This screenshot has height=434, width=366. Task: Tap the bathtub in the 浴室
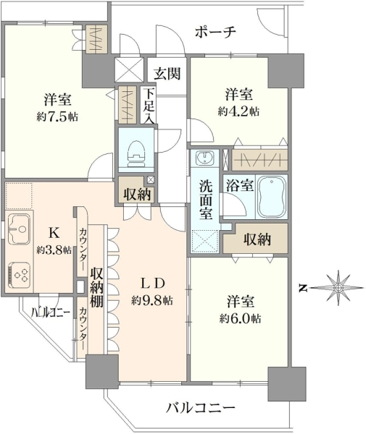tap(272, 197)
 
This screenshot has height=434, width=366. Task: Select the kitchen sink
tap(19, 229)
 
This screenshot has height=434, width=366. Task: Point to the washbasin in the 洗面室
tap(204, 158)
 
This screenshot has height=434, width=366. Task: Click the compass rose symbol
tap(338, 288)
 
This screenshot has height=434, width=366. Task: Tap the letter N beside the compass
tap(303, 289)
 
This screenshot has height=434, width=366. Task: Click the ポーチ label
tap(215, 32)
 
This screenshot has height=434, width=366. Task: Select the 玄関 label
tap(167, 73)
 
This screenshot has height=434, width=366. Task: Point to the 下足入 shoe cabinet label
tap(149, 106)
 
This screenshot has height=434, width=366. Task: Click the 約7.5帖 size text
tap(57, 117)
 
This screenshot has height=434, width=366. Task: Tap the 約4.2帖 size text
tap(238, 112)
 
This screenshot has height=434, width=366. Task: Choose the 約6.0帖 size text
tap(240, 319)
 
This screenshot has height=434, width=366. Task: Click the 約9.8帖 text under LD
tap(152, 300)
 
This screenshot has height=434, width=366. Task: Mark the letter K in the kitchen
tap(54, 233)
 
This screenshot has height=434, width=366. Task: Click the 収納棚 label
tap(97, 287)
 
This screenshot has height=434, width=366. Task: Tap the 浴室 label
tap(239, 185)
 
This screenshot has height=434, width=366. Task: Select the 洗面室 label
tap(206, 200)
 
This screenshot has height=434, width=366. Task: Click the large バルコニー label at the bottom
tap(201, 408)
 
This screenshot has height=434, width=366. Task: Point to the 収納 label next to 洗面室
tap(257, 239)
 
